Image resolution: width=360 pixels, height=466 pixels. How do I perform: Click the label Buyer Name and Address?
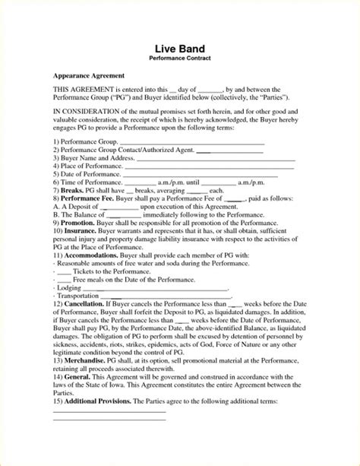tap(94, 157)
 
